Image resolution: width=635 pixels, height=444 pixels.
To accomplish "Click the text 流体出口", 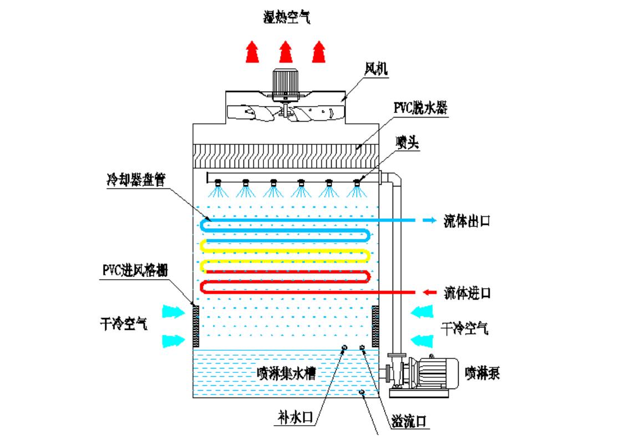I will tap(467, 220).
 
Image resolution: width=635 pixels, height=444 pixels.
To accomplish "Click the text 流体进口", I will tap(467, 292).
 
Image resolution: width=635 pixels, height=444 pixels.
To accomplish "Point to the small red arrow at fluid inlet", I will tap(430, 292).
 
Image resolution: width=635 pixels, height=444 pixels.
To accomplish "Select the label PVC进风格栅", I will tap(135, 270).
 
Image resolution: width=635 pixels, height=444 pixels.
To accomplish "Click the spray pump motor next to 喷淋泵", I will tap(438, 371).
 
